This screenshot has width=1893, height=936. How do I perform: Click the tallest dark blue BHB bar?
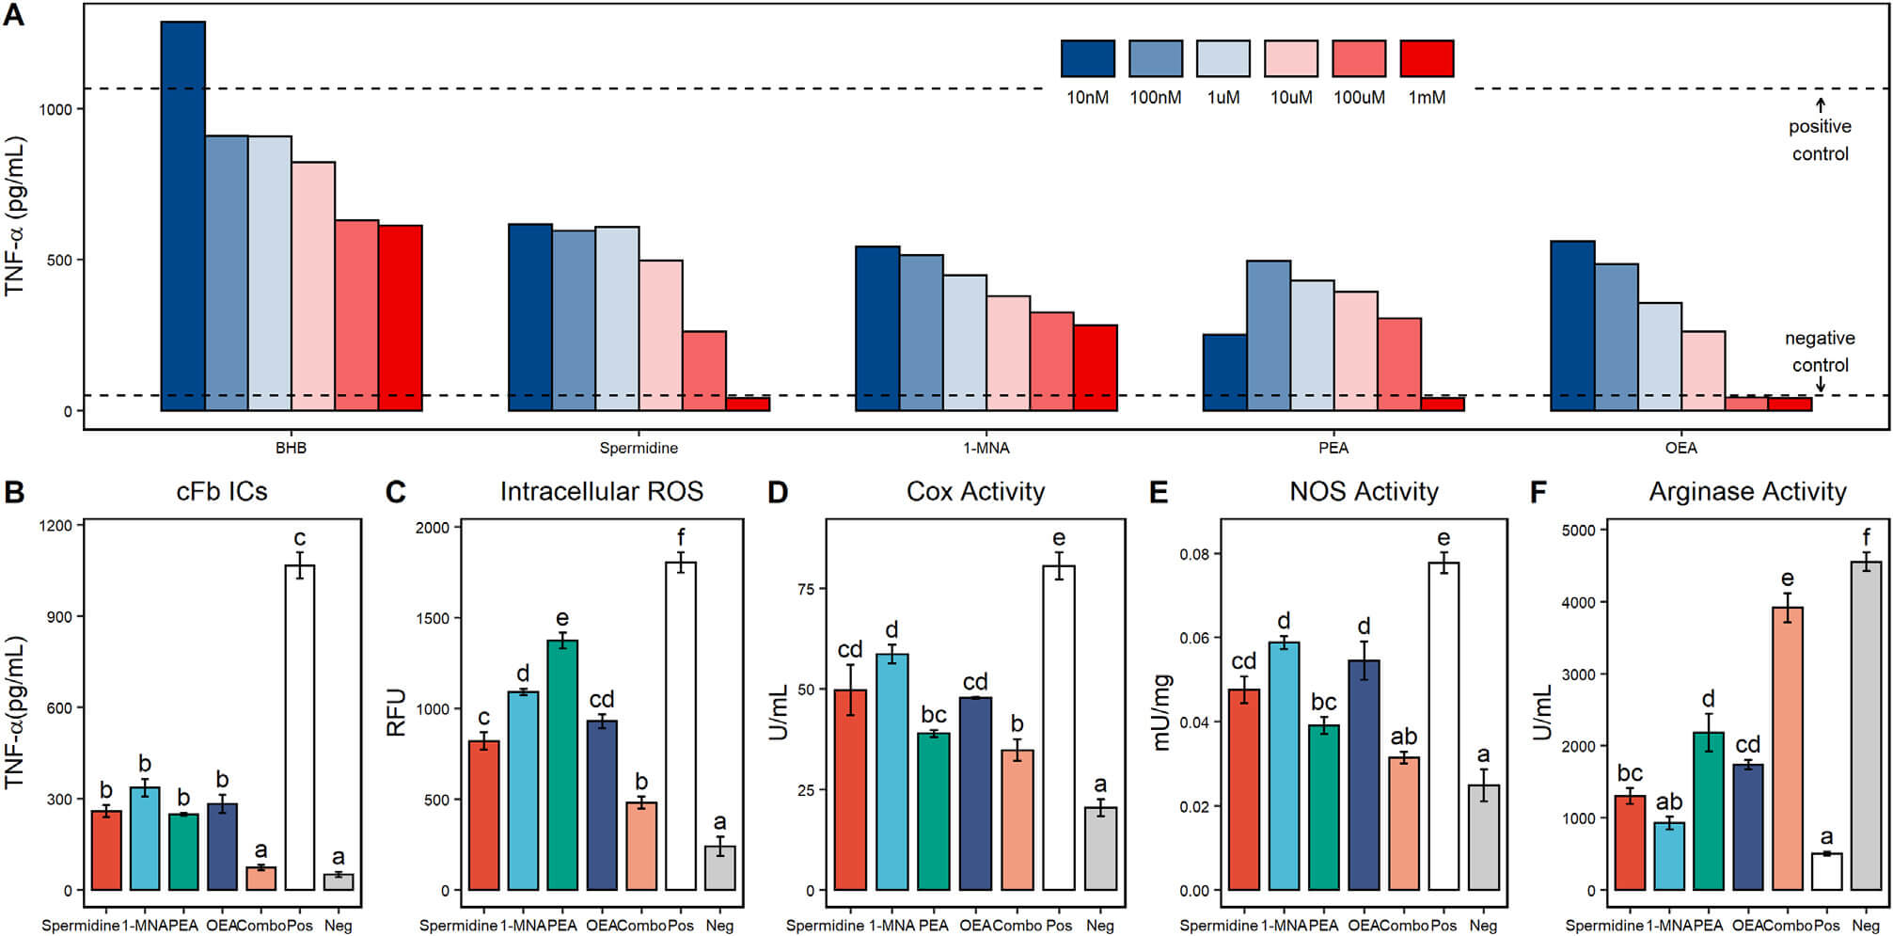183,216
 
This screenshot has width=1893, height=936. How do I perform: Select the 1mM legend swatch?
1427,58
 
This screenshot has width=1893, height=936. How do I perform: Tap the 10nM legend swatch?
1087,58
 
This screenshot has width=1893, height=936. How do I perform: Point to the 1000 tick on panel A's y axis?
55,109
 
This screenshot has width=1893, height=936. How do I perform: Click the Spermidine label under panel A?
639,448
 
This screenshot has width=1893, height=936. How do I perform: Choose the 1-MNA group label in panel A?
986,448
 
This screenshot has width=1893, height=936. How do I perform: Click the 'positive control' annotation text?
1820,140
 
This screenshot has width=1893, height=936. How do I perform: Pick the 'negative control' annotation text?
1820,352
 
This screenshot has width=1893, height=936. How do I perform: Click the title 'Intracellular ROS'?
601,492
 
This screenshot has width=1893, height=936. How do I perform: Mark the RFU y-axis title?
397,712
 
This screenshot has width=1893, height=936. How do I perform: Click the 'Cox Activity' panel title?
975,492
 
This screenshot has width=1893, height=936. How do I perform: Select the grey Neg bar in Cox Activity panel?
1101,849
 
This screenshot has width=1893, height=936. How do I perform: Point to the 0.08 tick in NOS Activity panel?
1193,554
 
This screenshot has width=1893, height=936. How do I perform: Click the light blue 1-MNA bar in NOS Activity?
1284,766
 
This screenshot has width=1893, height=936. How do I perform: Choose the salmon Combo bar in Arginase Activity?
1787,748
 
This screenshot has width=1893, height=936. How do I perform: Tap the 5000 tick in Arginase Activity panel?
1578,531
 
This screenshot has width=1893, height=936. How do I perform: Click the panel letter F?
1538,492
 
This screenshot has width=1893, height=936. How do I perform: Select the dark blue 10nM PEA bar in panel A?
1224,373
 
